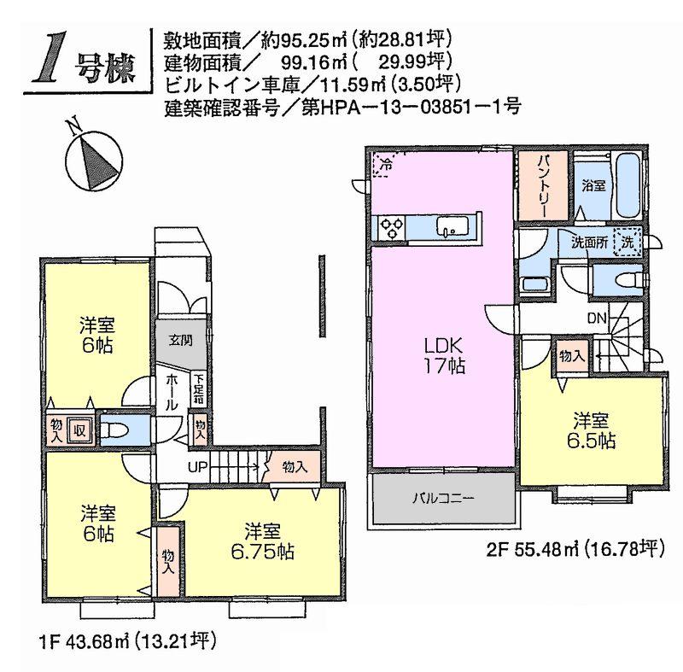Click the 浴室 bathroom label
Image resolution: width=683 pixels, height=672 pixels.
point(593,185)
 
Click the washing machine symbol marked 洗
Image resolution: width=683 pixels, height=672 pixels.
point(628,242)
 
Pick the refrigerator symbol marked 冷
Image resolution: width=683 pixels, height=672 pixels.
point(385,164)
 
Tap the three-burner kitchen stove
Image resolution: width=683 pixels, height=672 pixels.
point(392,227)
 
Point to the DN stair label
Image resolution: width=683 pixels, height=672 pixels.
point(597,319)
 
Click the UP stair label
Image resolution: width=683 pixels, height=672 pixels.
point(197,466)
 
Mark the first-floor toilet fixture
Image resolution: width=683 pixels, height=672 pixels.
point(119,430)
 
